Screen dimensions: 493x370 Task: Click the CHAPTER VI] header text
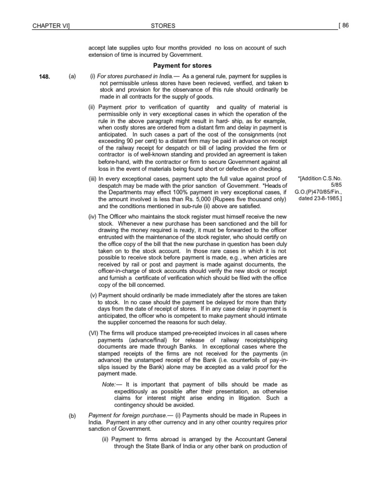(48, 26)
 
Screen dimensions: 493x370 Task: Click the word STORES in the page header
(163, 26)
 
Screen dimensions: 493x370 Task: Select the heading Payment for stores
(182, 65)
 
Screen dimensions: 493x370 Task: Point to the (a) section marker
(72, 77)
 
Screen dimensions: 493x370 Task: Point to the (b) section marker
(72, 415)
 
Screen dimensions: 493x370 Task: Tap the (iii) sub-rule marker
(93, 179)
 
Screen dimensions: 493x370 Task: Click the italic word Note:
(109, 385)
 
